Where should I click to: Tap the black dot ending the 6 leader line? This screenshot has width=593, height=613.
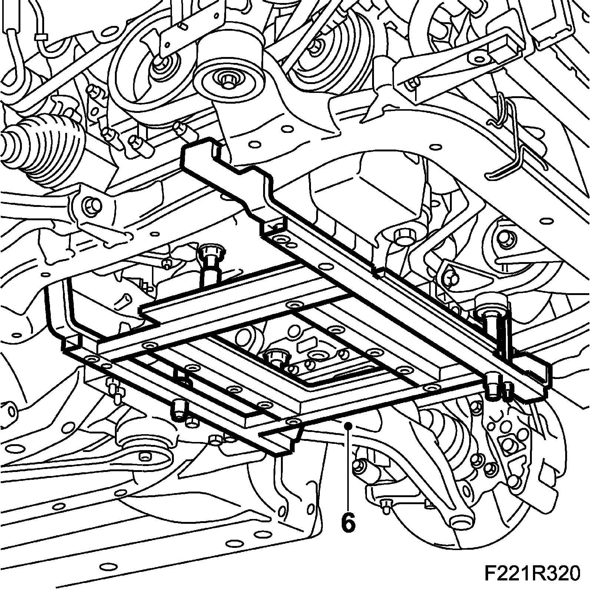(x=348, y=426)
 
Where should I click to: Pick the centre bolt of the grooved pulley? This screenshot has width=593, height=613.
(x=315, y=46)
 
